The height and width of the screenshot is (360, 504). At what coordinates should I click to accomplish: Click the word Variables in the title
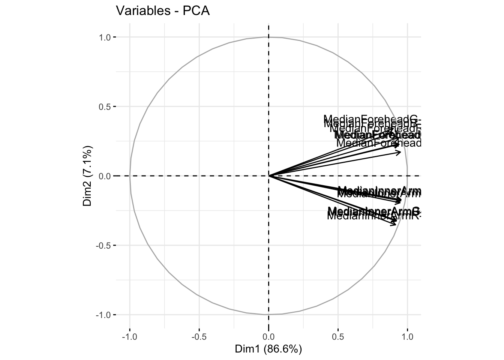[138, 11]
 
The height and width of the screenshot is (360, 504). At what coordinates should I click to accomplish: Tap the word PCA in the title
[196, 11]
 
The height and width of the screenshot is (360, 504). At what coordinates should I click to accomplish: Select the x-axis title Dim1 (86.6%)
[268, 349]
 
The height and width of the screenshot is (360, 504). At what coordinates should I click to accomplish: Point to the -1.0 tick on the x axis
[130, 336]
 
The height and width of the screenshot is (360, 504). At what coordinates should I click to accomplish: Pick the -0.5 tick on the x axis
[199, 336]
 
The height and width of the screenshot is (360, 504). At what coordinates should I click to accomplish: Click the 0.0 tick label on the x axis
[268, 336]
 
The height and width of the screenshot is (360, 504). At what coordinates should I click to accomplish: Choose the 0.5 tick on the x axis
[338, 336]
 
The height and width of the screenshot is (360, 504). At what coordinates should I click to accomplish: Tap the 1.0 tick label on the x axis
[407, 336]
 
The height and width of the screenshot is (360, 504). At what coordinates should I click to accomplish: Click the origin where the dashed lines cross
[268, 175]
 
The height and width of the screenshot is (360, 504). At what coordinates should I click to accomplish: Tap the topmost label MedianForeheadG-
[371, 120]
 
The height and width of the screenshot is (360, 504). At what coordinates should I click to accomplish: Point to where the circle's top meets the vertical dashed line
[268, 37]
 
